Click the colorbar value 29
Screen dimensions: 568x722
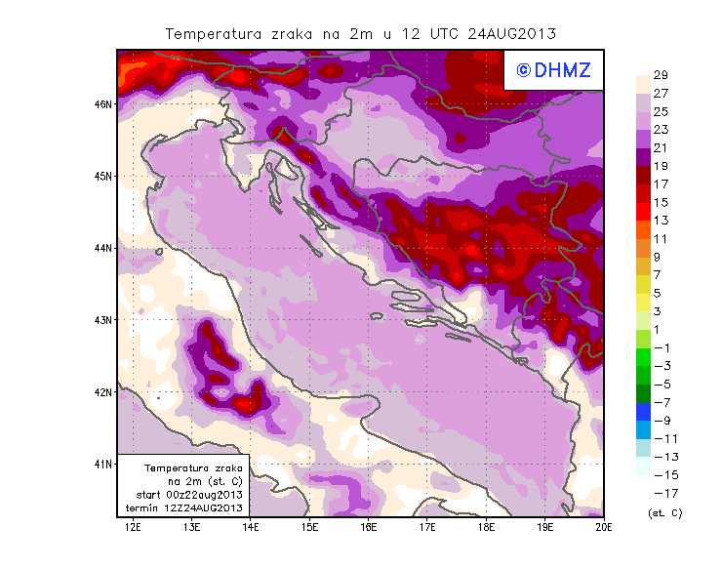coord(660,76)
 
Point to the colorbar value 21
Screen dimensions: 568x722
coord(660,148)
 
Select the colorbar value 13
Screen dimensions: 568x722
coord(660,221)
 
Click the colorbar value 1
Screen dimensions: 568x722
coord(660,329)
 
